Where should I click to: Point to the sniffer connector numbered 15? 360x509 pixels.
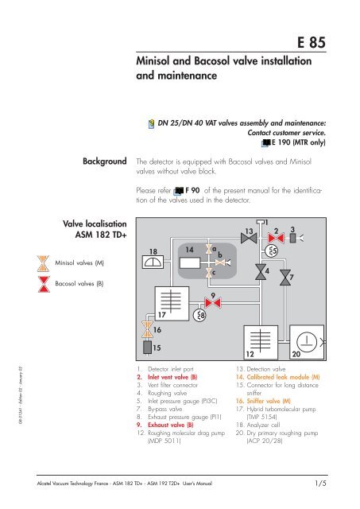(146, 347)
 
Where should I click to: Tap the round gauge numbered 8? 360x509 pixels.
(202, 316)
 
